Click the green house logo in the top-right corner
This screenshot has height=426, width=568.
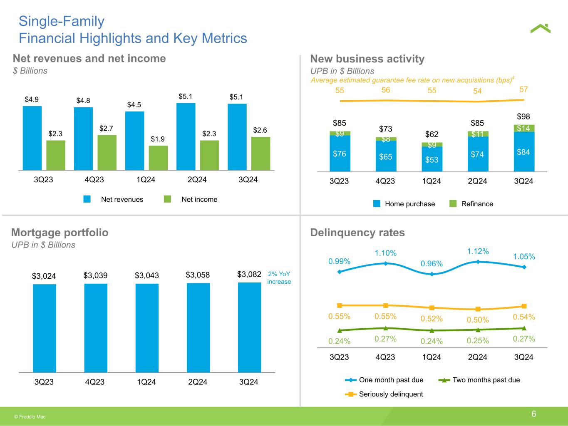[x=540, y=29]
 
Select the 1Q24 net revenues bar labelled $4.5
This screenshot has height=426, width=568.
[x=134, y=140]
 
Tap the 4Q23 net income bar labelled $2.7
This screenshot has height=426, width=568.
[x=107, y=152]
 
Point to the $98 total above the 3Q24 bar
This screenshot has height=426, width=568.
[x=523, y=116]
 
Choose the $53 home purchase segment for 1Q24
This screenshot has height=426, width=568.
[x=432, y=159]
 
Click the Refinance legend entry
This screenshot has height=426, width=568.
[x=472, y=204]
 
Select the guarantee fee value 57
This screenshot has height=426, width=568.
[x=523, y=89]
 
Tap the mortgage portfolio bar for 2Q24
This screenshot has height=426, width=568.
[x=198, y=327]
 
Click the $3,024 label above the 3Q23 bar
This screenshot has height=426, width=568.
[x=44, y=276]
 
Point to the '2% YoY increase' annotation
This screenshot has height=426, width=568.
[x=279, y=278]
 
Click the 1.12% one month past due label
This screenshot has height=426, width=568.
[x=478, y=251]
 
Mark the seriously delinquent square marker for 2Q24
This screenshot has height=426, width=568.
[x=478, y=309]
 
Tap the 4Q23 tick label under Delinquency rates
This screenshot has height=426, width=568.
[x=385, y=357]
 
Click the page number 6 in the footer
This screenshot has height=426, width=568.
[x=533, y=414]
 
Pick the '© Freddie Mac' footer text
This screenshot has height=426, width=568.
[x=30, y=416]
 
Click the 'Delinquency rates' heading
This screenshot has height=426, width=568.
[x=357, y=232]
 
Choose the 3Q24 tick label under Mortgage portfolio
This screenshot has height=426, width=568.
[x=249, y=381]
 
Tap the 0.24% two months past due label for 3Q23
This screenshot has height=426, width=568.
[x=339, y=341]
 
